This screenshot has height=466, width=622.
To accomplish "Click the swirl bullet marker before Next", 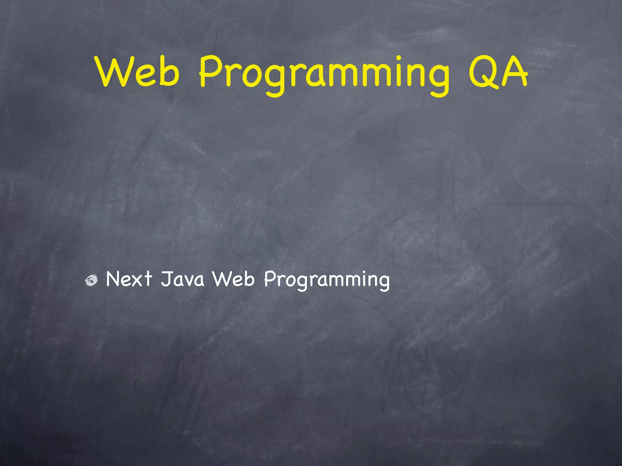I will pos(91,281).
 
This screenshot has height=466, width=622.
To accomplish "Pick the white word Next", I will pos(129,279).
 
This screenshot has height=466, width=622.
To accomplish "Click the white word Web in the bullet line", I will pos(233,279).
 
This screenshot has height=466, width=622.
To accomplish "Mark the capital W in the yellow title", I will pos(113,72).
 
